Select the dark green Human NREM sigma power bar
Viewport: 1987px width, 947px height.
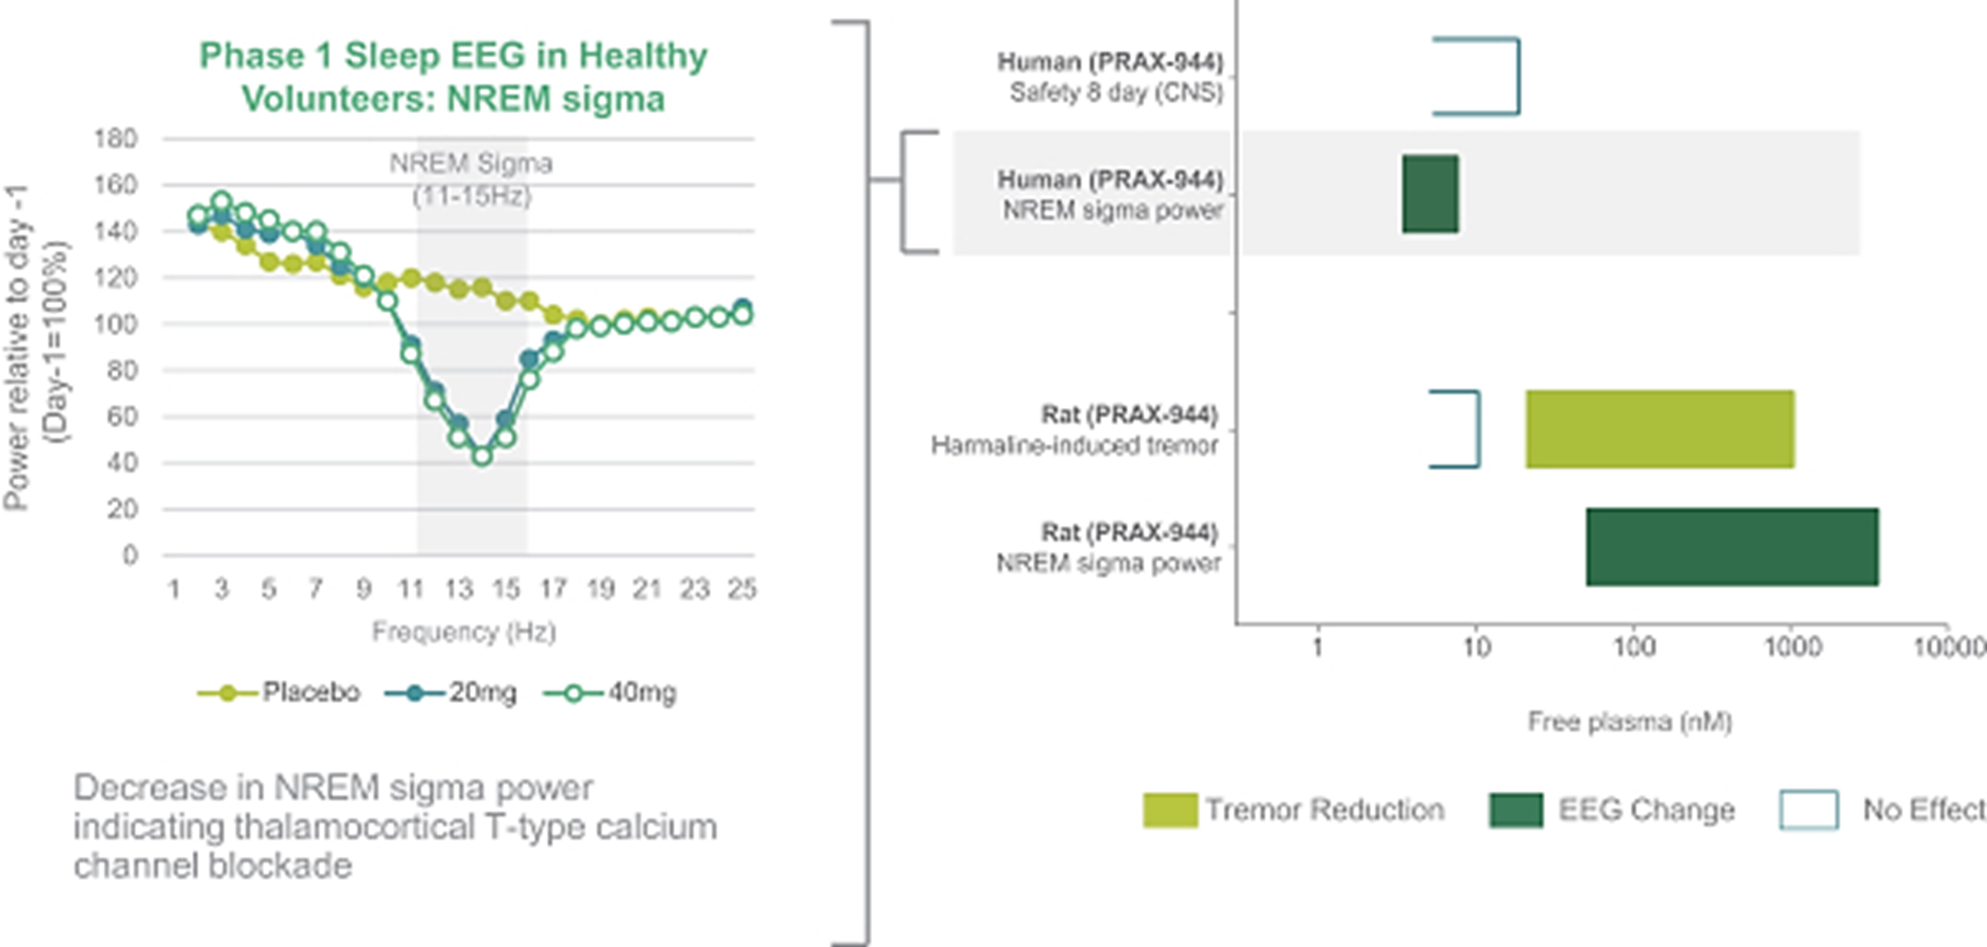tap(1430, 193)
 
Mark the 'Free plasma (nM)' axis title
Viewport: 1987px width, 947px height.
tap(1630, 722)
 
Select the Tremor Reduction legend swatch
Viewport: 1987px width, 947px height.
tap(1170, 810)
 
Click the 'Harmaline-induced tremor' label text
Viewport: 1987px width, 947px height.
tap(1074, 446)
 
